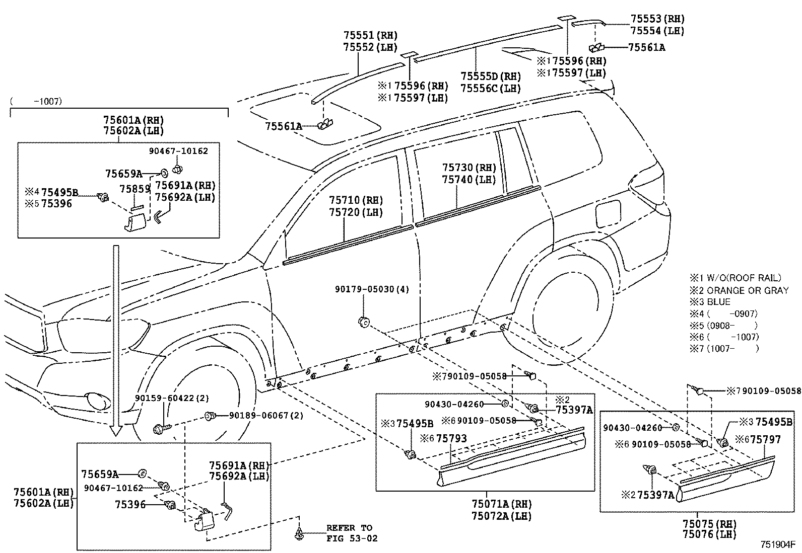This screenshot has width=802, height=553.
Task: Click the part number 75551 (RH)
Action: [370, 36]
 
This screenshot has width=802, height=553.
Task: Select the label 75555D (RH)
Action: [490, 76]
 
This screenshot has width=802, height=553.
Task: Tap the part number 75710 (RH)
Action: [356, 200]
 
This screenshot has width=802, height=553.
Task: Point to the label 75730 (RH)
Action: [469, 168]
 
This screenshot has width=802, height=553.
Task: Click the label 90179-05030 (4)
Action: [372, 289]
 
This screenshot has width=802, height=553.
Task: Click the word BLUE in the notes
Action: [718, 302]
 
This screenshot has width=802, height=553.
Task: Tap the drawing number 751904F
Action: [777, 544]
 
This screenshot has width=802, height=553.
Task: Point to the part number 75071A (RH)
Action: [501, 504]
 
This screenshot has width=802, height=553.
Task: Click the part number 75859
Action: [135, 189]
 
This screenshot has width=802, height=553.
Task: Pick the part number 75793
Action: [451, 438]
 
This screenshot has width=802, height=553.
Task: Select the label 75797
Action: [766, 440]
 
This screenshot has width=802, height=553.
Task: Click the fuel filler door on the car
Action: [608, 214]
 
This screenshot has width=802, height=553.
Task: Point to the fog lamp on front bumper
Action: [98, 401]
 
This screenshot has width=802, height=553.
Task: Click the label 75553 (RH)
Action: [657, 19]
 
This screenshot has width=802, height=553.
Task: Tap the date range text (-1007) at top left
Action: [36, 101]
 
